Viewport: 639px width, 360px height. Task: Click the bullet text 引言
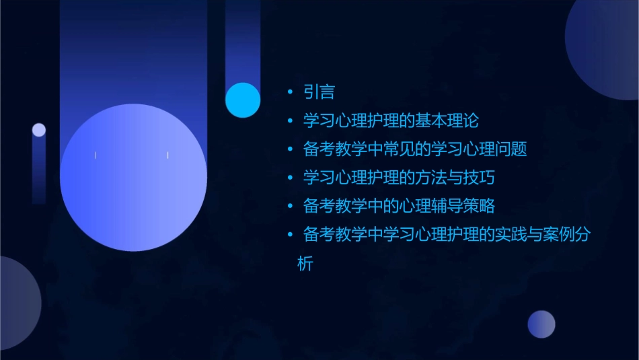coord(319,92)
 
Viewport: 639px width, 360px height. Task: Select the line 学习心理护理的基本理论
coord(391,121)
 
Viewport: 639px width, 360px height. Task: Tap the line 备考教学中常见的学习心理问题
coord(415,149)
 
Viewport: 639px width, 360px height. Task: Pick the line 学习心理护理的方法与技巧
coord(400,178)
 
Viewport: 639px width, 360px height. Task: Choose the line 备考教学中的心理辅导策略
coord(400,207)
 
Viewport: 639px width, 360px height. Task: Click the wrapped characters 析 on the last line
coord(305,264)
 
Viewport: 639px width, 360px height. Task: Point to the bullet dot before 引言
coord(290,92)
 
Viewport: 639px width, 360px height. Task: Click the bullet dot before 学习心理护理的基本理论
coord(290,121)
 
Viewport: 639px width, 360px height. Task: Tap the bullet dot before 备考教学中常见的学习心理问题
coord(290,149)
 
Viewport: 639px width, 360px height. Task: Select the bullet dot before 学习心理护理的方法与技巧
coord(290,178)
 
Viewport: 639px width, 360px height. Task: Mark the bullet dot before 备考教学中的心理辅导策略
coord(290,207)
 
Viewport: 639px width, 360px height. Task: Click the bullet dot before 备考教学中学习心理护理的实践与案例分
coord(290,235)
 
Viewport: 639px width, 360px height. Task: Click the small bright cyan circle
coord(243,100)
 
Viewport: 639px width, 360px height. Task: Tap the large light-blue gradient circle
coord(133,178)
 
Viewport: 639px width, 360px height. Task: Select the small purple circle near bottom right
coord(541,324)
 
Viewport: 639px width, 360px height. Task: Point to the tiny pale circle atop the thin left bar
coord(39,130)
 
